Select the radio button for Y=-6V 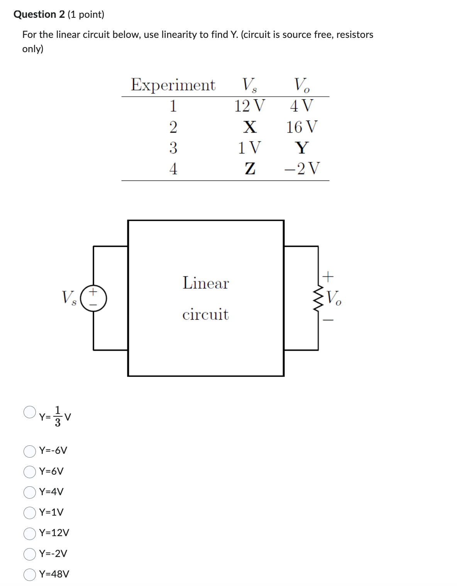(x=30, y=451)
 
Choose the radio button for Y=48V (x=30, y=575)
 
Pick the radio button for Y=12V (x=30, y=533)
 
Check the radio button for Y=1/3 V (x=30, y=412)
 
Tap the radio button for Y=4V (x=30, y=492)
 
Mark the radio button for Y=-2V (x=30, y=554)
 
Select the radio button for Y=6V (x=30, y=472)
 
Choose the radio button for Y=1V (x=30, y=513)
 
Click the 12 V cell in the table (x=250, y=106)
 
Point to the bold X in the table (x=250, y=127)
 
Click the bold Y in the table (x=302, y=148)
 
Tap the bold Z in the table (x=250, y=169)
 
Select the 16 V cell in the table (x=302, y=127)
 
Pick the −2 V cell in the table (x=302, y=169)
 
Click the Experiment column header (x=173, y=85)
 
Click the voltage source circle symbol (x=93, y=298)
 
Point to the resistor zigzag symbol (x=318, y=298)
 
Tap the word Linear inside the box (x=206, y=283)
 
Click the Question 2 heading (x=39, y=14)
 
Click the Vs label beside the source (x=69, y=298)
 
